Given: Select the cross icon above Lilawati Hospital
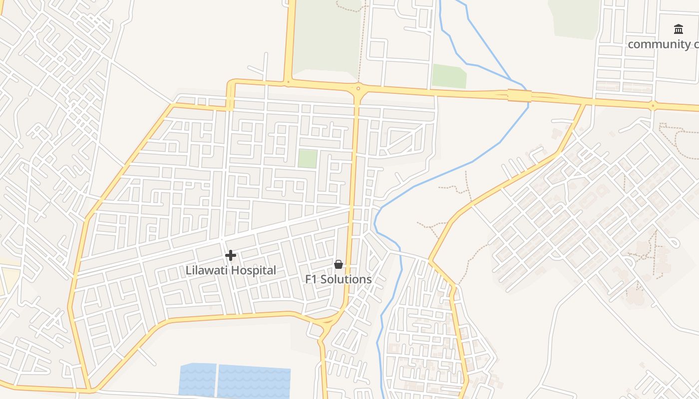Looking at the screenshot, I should (x=230, y=255).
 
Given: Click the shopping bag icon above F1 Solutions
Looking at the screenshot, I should (x=339, y=264).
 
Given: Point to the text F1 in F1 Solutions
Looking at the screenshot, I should (x=312, y=279).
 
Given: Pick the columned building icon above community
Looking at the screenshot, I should (x=678, y=29).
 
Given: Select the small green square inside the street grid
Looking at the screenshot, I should (x=308, y=159).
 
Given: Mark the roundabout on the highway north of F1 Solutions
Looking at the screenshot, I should (x=358, y=89).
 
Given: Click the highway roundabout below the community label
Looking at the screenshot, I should (x=652, y=105).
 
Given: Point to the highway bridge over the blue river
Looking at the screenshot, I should (x=519, y=95).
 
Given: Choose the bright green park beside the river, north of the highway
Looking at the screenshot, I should (x=449, y=76).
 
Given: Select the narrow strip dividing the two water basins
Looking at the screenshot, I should (x=217, y=380).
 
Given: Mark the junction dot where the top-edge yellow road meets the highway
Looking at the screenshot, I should (x=288, y=82).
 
